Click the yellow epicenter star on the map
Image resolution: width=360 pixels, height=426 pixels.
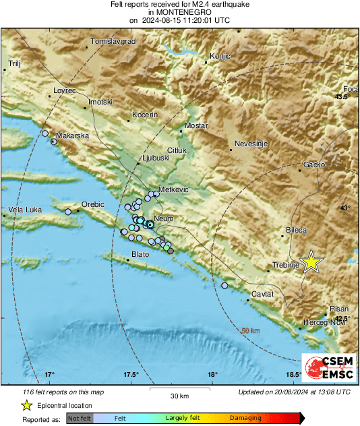[x=311, y=262]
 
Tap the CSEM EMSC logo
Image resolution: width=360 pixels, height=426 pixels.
[x=326, y=369]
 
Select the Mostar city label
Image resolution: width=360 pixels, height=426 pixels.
[x=197, y=126]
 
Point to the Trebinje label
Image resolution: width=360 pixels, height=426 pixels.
[x=285, y=265]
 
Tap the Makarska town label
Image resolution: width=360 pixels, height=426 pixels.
[x=73, y=135]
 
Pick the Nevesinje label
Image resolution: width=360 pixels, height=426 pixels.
[x=252, y=144]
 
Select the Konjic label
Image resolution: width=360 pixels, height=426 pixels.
[x=220, y=56]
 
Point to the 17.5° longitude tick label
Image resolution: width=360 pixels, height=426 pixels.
[x=131, y=374]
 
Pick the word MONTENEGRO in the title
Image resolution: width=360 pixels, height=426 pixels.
[x=179, y=12]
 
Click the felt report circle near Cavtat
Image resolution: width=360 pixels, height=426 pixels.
[x=224, y=286]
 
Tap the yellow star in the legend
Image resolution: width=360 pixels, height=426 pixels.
[x=26, y=405]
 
